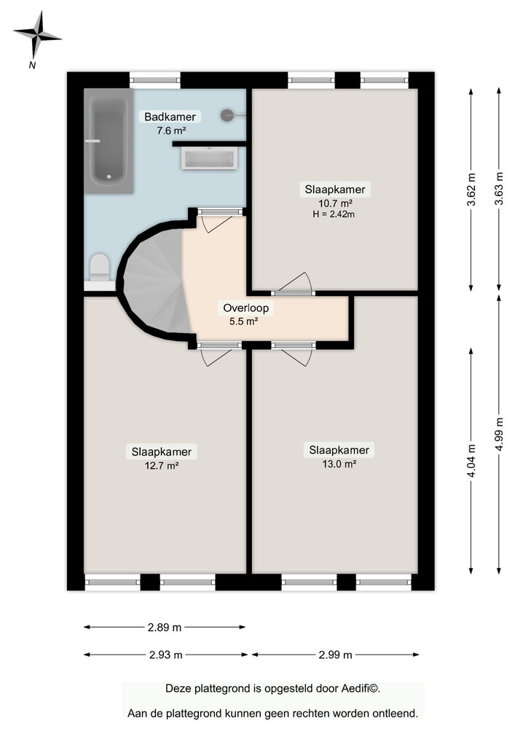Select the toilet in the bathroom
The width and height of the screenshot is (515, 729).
point(98,269)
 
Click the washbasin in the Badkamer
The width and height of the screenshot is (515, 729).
point(209,158)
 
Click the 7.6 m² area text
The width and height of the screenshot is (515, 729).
point(170,131)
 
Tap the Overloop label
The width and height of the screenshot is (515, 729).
point(245,308)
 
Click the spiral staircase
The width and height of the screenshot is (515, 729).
point(154,280)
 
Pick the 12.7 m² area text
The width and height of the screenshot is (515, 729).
point(162,465)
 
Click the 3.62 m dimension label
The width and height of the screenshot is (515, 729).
point(472,190)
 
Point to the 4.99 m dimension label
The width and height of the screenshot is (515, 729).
point(500,434)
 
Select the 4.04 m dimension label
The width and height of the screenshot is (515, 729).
point(472,461)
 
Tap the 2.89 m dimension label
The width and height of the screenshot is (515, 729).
point(164,626)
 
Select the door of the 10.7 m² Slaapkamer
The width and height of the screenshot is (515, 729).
point(294,286)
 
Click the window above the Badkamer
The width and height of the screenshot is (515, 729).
point(155,79)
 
